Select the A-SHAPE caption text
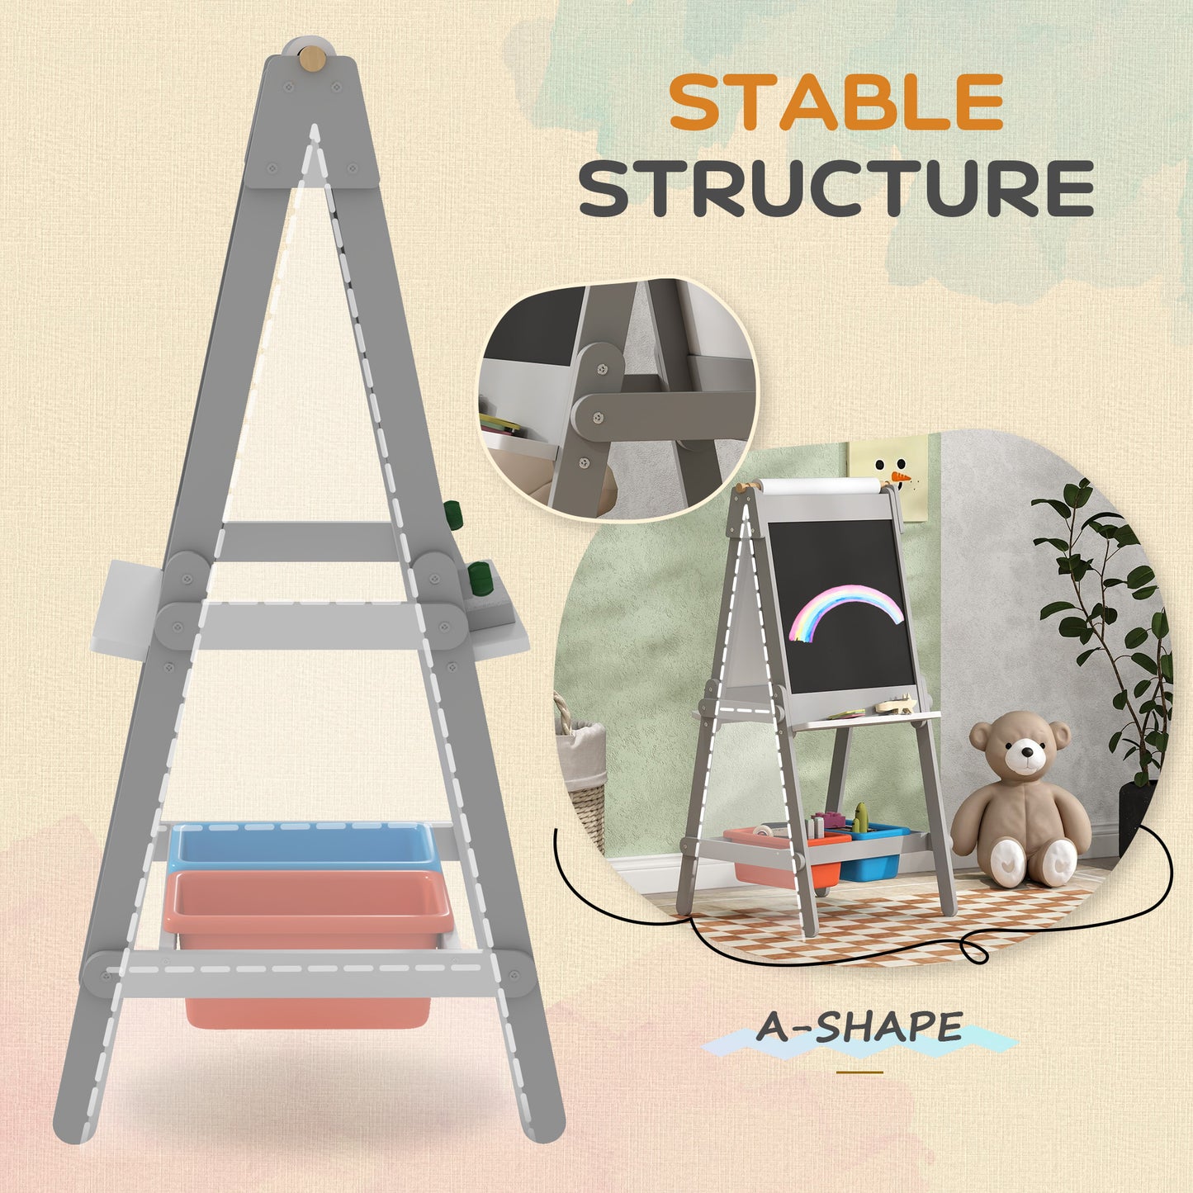click(859, 1028)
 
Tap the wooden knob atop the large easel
click(311, 59)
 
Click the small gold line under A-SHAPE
click(859, 1072)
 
